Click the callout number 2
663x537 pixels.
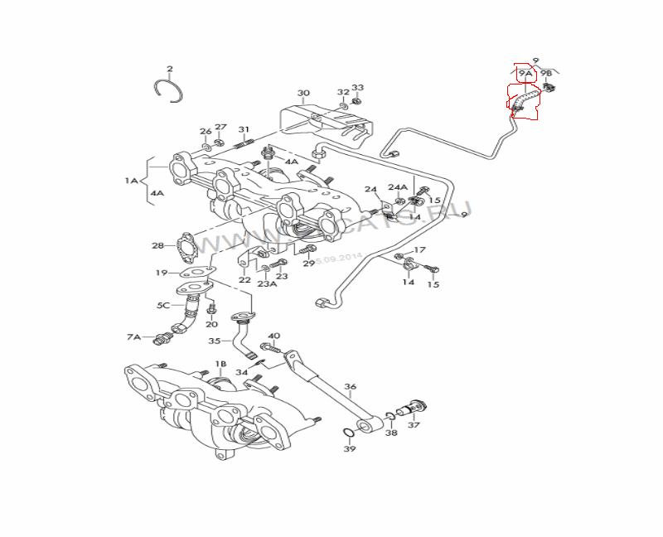170,69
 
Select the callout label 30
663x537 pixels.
303,93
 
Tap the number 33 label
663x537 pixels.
357,88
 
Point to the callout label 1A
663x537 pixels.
132,180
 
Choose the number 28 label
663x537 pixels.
157,245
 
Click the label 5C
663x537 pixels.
164,305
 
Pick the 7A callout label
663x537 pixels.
133,337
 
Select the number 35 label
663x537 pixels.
214,341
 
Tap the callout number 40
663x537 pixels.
274,336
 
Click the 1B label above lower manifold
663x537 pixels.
220,364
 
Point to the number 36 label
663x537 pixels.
351,386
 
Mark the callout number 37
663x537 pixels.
414,425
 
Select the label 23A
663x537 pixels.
266,283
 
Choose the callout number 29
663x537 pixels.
308,264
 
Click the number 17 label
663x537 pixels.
420,249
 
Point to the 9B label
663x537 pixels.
546,74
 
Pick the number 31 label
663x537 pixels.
244,129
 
